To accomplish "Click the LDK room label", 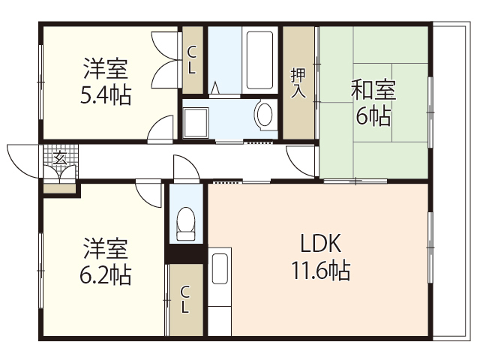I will [x=321, y=244].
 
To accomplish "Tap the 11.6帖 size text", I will [x=321, y=270].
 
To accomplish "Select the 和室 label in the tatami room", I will [x=373, y=90].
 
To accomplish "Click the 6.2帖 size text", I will [x=106, y=274].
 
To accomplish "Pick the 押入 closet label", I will [x=298, y=82].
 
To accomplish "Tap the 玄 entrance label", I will [x=58, y=158].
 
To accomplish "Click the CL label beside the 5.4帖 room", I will [x=192, y=60].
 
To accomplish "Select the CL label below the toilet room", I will [x=185, y=300].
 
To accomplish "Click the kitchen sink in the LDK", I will [x=219, y=269].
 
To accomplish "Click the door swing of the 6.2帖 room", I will [x=150, y=193].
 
